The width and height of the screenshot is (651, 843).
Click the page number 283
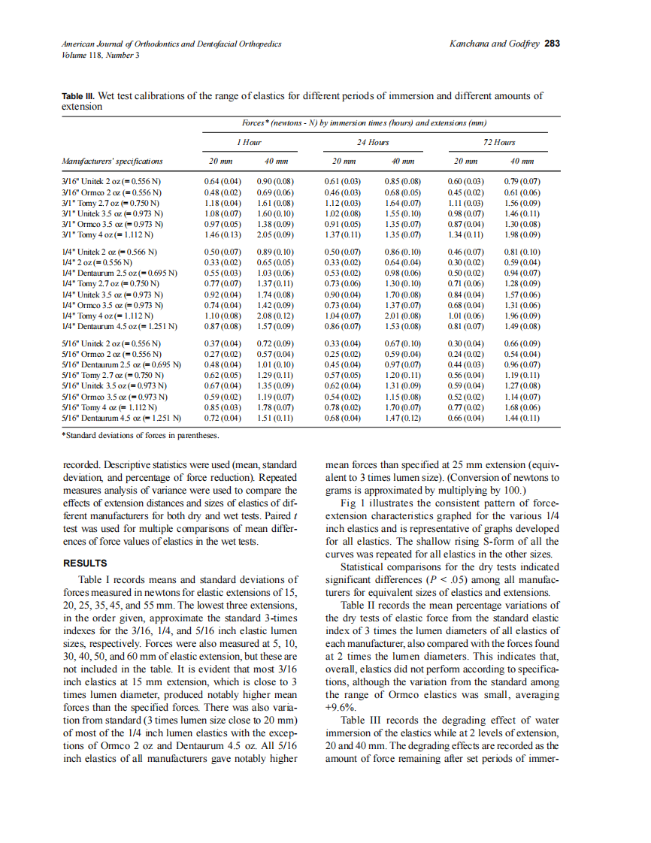(x=553, y=44)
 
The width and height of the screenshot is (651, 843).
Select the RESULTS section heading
(x=85, y=563)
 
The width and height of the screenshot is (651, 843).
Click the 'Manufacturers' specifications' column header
(x=112, y=161)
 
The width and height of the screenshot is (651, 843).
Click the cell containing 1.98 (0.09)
(x=521, y=235)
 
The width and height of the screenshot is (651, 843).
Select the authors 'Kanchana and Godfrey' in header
(x=494, y=44)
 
